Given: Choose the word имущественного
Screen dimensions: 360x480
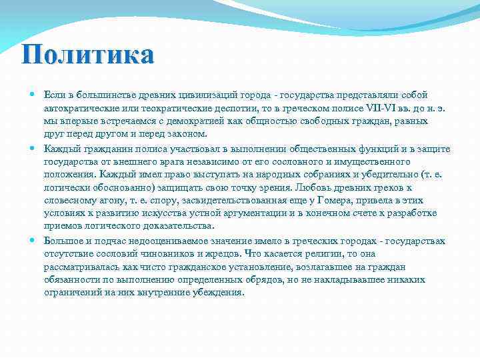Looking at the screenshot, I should tap(365, 161).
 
